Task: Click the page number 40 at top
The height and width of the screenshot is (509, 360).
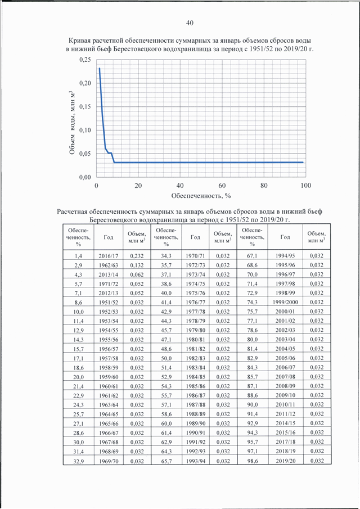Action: click(190, 22)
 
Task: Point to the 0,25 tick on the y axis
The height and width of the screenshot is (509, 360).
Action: click(85, 60)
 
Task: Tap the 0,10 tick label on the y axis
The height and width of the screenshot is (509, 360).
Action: click(85, 130)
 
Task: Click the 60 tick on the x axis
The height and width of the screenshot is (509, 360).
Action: click(222, 186)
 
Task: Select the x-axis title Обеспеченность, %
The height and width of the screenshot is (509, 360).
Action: click(201, 196)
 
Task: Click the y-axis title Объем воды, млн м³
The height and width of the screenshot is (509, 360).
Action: click(73, 123)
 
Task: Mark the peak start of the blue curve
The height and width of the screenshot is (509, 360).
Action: click(100, 68)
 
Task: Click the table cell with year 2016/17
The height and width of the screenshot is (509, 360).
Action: click(109, 256)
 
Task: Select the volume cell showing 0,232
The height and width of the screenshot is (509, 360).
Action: click(137, 256)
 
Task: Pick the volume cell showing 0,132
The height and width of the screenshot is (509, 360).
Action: click(137, 265)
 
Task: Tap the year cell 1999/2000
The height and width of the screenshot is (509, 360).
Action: click(285, 302)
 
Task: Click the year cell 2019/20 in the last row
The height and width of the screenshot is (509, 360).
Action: click(285, 461)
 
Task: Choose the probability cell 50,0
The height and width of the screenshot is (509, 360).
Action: click(166, 358)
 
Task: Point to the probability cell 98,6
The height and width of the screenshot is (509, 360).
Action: click(252, 461)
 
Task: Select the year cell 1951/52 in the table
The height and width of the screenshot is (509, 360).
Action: click(109, 302)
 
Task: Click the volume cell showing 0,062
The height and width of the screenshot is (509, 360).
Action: click(137, 274)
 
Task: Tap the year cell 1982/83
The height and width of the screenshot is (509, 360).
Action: click(195, 358)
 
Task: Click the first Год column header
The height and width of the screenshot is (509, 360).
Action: click(109, 237)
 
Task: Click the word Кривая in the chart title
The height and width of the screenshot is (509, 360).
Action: click(80, 41)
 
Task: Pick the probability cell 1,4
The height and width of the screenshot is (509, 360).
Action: click(78, 256)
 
